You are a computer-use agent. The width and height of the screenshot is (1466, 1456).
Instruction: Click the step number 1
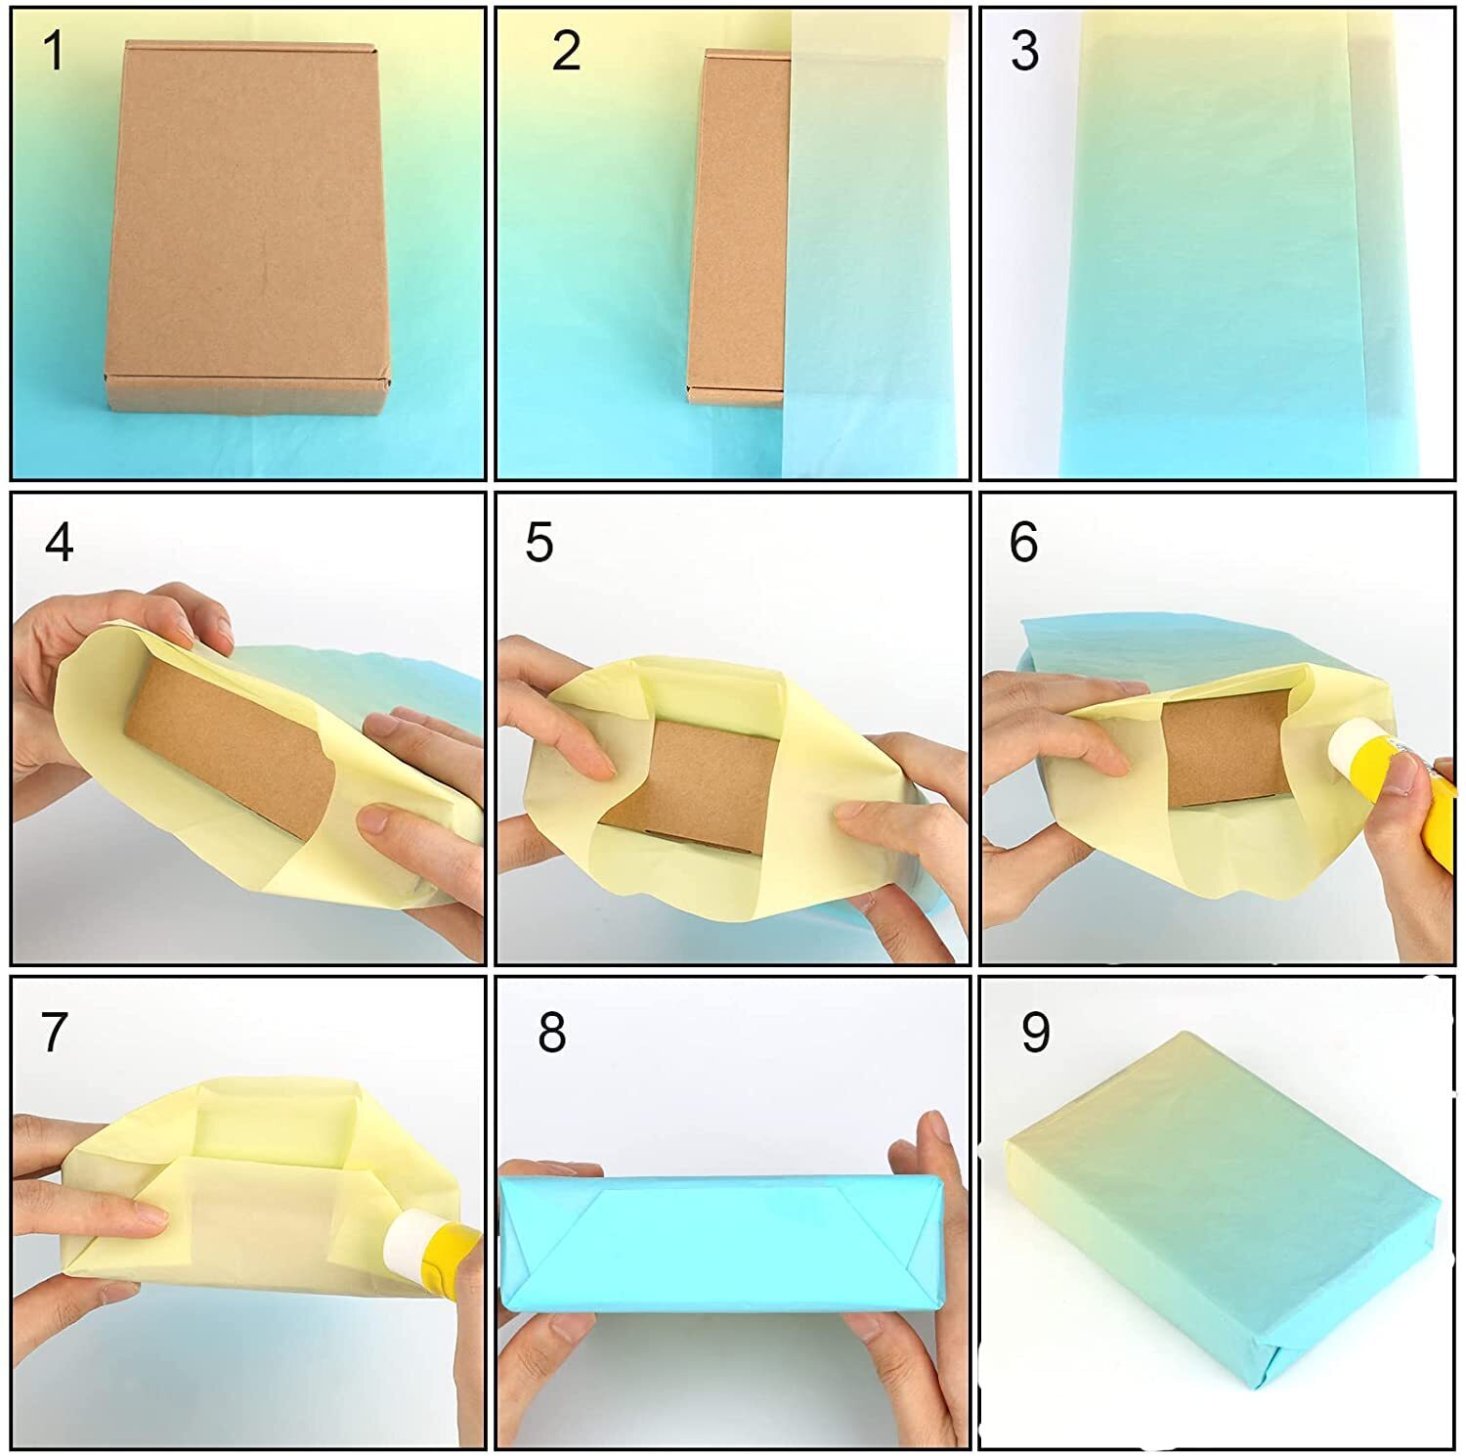point(55,51)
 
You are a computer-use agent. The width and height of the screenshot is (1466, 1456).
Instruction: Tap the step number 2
point(566,51)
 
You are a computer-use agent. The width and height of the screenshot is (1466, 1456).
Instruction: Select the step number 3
point(1024,51)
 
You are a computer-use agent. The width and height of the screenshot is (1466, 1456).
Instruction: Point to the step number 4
point(59,542)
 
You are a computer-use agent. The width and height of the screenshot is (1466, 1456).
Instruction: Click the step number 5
point(539,542)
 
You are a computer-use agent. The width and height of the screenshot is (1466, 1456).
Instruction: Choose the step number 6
point(1023,542)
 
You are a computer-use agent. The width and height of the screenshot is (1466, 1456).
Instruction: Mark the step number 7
point(54,1032)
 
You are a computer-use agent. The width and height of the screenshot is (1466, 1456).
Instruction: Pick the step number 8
point(552,1032)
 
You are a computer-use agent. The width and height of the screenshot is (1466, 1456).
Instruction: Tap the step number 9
point(1036,1032)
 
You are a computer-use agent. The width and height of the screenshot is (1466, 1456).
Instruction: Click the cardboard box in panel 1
point(248,227)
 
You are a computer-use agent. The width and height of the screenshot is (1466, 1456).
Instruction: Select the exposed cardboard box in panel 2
point(740,227)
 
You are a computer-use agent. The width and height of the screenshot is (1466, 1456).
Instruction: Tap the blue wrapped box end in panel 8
point(721,1245)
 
